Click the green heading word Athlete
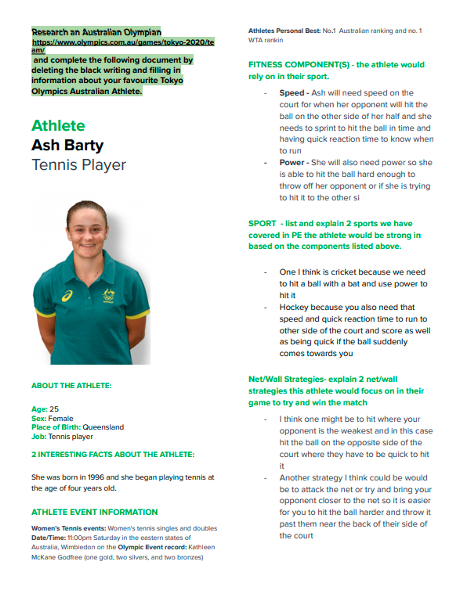[x=58, y=126]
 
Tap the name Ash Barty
[x=67, y=146]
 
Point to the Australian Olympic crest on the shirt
[x=108, y=296]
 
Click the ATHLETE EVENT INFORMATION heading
[x=95, y=512]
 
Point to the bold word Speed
[x=292, y=93]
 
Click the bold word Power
[x=292, y=162]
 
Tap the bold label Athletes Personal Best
[x=284, y=31]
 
